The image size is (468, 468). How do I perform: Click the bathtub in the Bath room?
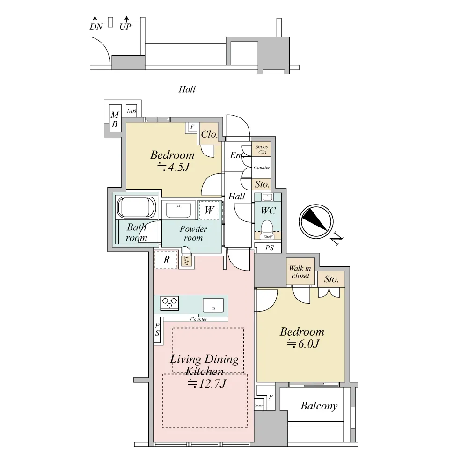(137, 207)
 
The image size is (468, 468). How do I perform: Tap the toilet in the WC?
(267, 227)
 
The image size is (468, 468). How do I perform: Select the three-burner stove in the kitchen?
(169, 303)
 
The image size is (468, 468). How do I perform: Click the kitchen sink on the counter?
(213, 305)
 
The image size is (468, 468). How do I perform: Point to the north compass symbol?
(316, 221)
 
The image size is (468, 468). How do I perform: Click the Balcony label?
(319, 406)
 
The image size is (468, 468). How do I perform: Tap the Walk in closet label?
(300, 272)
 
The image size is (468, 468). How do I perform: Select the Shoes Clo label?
(262, 149)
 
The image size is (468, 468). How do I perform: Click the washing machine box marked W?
(209, 210)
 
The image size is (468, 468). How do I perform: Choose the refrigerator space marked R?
(166, 260)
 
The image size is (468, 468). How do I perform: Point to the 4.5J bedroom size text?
(174, 167)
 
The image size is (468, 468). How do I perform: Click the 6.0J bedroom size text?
(303, 344)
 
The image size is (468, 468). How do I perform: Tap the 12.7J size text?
(206, 383)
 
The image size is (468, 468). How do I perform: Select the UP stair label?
(125, 27)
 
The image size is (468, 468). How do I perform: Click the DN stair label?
(96, 27)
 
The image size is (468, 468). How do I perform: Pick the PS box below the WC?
(268, 248)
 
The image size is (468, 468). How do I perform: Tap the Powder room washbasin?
(178, 211)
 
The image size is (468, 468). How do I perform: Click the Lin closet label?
(186, 261)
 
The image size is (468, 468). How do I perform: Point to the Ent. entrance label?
(237, 155)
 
